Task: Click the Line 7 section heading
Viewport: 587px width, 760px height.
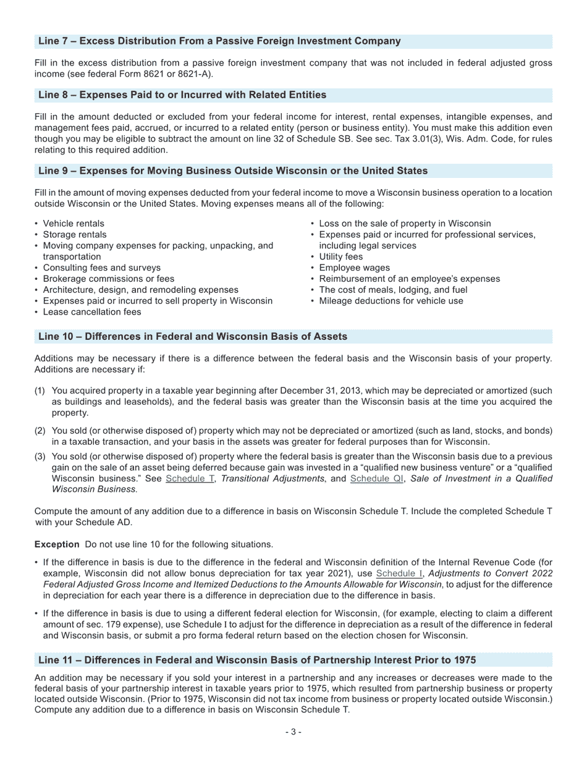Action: pos(219,41)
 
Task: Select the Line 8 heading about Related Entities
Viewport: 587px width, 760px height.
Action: pos(182,95)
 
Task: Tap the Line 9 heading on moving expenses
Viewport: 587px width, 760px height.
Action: pos(233,171)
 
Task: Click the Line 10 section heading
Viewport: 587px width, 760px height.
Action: pos(193,337)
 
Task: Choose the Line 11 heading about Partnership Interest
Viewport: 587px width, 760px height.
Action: pos(257,660)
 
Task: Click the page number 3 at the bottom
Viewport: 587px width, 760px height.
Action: pos(293,732)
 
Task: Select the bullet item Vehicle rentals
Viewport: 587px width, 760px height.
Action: pos(74,224)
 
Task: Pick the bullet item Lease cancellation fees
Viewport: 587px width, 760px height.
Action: pos(91,312)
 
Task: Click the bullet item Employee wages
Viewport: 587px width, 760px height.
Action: pos(354,268)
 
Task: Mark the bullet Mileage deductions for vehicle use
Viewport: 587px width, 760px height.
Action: pos(391,301)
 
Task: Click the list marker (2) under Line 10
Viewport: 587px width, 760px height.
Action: pos(40,431)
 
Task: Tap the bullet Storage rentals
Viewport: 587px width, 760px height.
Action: pos(74,235)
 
